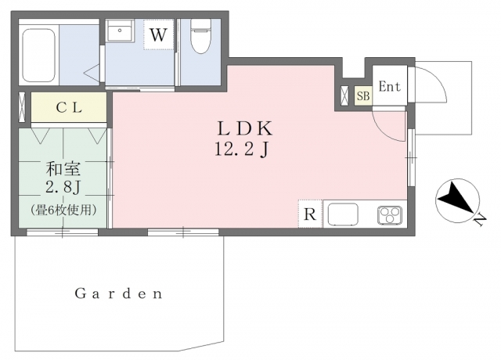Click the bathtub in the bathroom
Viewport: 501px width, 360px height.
coord(38,56)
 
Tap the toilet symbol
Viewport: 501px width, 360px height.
coord(200,35)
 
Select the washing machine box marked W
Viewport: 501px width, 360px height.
coord(158,34)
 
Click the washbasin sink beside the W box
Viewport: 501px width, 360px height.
coord(120,31)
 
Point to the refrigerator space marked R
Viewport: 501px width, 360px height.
coord(310,214)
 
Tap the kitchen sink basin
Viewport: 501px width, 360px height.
coord(343,214)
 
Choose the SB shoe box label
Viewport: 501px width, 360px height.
coord(363,95)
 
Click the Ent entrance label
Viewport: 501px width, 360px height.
coord(389,87)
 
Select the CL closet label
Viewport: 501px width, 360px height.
coord(69,108)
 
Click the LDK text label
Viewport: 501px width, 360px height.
coord(245,128)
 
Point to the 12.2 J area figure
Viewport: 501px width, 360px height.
coord(241,149)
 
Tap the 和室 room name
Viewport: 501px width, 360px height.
coord(63,169)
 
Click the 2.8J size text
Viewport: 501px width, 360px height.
coord(63,188)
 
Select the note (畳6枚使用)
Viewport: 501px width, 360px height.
coord(64,210)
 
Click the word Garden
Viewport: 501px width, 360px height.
coord(119,293)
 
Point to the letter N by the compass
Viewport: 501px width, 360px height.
coord(480,221)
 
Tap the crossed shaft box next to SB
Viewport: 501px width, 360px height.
coord(345,95)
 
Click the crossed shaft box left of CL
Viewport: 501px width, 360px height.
coord(22,107)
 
